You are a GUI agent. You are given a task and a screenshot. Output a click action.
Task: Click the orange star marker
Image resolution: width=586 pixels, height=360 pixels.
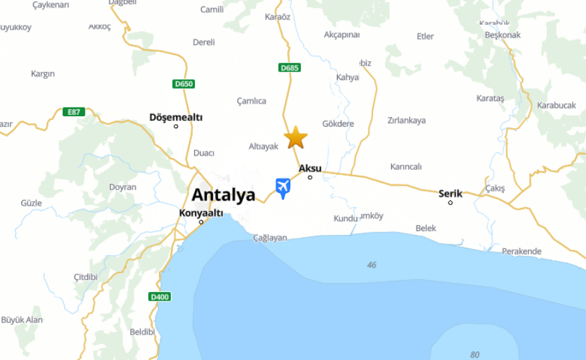[x=296, y=137]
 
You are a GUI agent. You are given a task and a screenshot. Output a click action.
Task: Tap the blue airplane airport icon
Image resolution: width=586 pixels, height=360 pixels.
[x=283, y=187]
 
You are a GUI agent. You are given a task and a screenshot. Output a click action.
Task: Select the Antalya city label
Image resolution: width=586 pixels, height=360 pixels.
[x=224, y=195]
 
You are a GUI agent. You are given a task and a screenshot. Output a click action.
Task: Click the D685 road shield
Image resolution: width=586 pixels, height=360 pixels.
[x=290, y=67]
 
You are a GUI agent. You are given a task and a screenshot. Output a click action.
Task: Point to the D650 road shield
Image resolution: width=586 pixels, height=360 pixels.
[x=183, y=83]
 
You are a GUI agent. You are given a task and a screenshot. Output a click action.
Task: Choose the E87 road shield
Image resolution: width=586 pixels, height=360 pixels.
[x=74, y=112]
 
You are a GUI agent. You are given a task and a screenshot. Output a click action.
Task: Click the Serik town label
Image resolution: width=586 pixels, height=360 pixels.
[x=451, y=194]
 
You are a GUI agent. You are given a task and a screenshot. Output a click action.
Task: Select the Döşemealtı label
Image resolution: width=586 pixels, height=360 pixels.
[x=176, y=118]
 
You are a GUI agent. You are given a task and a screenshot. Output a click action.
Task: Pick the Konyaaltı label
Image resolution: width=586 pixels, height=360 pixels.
[x=201, y=213]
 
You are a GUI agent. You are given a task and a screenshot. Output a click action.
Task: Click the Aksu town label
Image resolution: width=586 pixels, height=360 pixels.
[x=310, y=168]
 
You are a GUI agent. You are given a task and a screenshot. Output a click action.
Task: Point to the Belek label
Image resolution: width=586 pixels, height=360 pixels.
[x=426, y=228]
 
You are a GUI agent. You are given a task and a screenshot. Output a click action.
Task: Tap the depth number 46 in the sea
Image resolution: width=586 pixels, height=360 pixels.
[x=372, y=265]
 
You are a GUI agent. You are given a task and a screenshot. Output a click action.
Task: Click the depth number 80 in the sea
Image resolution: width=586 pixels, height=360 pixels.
[x=475, y=355]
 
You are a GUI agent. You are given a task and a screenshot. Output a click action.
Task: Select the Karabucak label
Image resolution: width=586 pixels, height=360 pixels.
[x=556, y=106]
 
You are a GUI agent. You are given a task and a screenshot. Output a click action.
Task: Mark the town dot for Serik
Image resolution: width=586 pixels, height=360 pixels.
[x=451, y=202]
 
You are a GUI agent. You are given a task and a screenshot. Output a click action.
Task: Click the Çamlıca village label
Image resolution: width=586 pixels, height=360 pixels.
[x=252, y=101]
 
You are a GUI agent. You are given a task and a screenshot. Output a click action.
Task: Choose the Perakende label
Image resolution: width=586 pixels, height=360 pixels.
[x=522, y=252]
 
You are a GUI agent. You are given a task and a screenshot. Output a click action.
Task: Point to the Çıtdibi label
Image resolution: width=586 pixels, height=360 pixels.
[x=85, y=277]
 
